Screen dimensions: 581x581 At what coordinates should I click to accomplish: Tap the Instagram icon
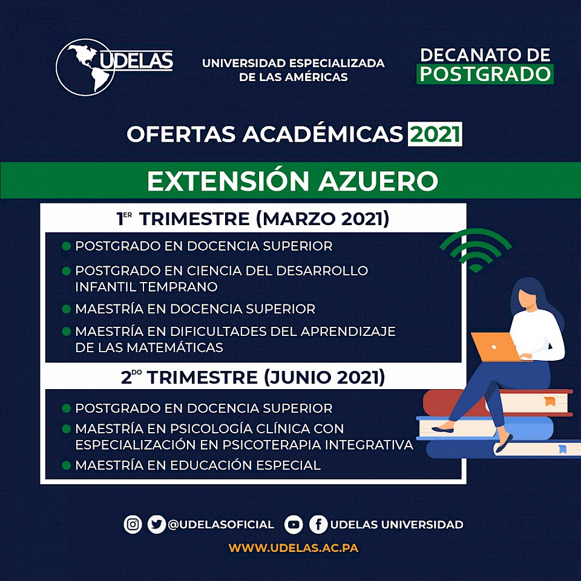133,524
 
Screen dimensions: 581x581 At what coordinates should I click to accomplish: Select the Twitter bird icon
156,524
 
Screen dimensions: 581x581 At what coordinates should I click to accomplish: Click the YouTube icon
294,524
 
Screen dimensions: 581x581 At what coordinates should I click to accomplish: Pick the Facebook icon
318,524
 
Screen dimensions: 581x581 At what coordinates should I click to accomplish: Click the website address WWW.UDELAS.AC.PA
293,548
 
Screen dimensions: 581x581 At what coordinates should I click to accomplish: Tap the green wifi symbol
476,250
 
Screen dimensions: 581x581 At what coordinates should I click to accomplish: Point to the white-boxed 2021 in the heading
435,134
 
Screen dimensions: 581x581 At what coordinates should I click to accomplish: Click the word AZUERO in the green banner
378,181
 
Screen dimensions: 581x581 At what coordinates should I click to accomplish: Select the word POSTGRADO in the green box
485,74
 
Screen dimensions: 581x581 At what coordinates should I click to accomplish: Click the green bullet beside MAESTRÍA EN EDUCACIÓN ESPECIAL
67,465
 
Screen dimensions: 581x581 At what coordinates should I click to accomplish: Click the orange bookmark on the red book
550,401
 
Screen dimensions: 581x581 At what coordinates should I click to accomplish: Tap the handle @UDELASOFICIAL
221,525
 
